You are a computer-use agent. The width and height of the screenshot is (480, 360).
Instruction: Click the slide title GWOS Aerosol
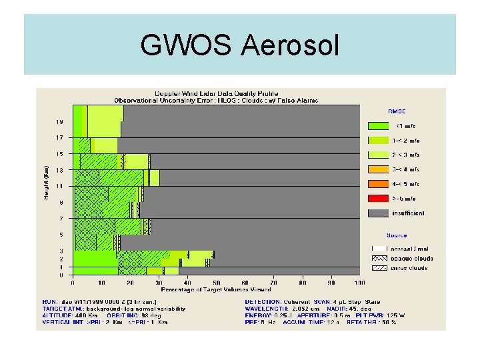(240, 45)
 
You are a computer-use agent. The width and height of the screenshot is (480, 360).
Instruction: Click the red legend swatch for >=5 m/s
(378, 199)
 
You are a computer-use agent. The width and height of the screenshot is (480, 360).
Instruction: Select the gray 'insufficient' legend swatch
(378, 213)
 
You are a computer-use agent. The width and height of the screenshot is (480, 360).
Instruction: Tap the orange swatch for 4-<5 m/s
(378, 184)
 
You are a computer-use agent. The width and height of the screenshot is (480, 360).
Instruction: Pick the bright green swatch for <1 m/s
(378, 125)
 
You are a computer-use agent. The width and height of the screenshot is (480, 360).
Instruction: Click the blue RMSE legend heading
(397, 111)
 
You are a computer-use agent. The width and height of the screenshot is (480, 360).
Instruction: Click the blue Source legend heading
(397, 235)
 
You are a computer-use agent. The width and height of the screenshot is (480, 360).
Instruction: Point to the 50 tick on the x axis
(217, 282)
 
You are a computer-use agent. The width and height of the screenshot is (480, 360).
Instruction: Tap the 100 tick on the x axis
(360, 282)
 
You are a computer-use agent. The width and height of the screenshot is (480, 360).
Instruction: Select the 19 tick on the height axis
(59, 122)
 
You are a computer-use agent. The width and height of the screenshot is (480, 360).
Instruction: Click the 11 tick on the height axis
(59, 186)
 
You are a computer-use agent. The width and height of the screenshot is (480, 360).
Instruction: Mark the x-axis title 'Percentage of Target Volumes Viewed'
(217, 289)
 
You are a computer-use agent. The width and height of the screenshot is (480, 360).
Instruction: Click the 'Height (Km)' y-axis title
(45, 182)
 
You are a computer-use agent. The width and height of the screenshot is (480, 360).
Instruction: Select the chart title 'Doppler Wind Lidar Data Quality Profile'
(217, 93)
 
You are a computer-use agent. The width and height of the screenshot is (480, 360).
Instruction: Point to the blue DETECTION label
(263, 301)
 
